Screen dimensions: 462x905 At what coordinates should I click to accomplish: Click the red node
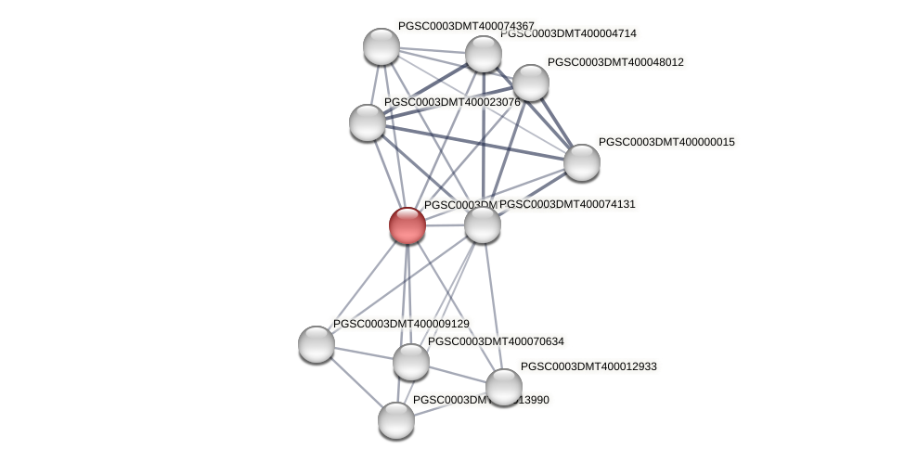pyautogui.click(x=407, y=225)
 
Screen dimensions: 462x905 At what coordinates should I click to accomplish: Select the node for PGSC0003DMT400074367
pyautogui.click(x=381, y=46)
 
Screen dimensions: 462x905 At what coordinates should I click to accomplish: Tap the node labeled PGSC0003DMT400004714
pyautogui.click(x=483, y=54)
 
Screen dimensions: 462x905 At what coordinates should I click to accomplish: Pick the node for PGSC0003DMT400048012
pyautogui.click(x=531, y=83)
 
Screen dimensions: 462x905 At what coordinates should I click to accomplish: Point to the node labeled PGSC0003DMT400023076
pyautogui.click(x=368, y=122)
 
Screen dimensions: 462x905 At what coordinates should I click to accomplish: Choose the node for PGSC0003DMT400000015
pyautogui.click(x=582, y=162)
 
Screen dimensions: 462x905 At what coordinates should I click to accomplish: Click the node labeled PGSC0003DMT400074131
pyautogui.click(x=483, y=225)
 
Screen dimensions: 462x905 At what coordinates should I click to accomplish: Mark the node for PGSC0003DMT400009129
pyautogui.click(x=317, y=343)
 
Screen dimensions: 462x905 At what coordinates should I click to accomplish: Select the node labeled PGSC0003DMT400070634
pyautogui.click(x=411, y=362)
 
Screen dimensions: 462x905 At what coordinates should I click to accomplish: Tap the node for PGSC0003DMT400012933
pyautogui.click(x=504, y=387)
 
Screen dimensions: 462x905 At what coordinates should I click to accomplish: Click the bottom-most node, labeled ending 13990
pyautogui.click(x=396, y=419)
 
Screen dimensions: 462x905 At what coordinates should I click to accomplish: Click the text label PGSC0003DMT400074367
pyautogui.click(x=466, y=26)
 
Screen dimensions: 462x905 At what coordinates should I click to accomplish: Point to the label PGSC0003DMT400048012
pyautogui.click(x=615, y=62)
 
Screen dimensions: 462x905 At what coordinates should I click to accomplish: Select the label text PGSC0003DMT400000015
pyautogui.click(x=666, y=142)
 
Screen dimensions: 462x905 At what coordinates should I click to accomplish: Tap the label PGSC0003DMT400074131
pyautogui.click(x=567, y=204)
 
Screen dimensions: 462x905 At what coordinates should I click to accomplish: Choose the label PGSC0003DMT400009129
pyautogui.click(x=401, y=324)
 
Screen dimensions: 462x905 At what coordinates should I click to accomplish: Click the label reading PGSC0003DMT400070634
pyautogui.click(x=496, y=341)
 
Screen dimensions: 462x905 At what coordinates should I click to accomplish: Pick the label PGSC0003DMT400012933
pyautogui.click(x=588, y=366)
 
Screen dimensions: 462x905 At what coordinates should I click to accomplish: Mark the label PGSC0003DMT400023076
pyautogui.click(x=452, y=102)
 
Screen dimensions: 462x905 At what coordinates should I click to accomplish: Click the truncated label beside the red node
pyautogui.click(x=459, y=205)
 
